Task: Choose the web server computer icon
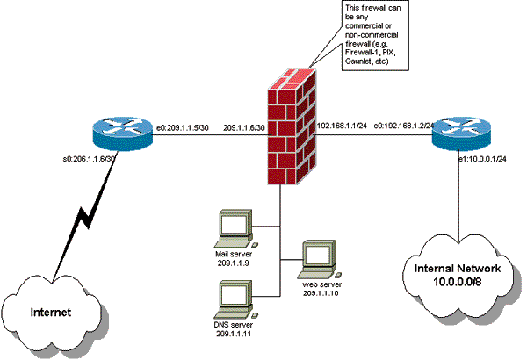(x=314, y=257)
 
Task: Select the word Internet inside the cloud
(x=51, y=312)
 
